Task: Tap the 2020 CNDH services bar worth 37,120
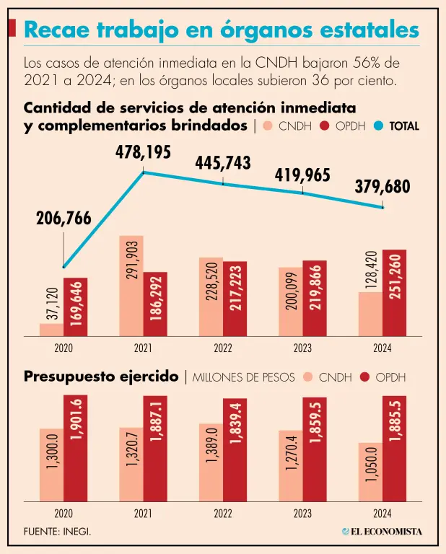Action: (x=51, y=330)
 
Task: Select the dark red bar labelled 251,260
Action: (x=394, y=293)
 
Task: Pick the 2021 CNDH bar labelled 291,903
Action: (x=131, y=286)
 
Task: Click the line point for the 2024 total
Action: (x=382, y=208)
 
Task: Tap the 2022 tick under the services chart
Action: (x=223, y=348)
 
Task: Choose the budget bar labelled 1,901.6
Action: (x=75, y=448)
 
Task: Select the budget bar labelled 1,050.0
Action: (x=370, y=472)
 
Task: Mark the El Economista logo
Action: (x=382, y=532)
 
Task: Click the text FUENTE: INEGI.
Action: (x=58, y=532)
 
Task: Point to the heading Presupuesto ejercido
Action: (x=101, y=377)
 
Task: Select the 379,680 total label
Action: (x=382, y=188)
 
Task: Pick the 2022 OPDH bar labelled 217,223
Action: (x=235, y=299)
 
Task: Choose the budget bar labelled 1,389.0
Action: (x=211, y=462)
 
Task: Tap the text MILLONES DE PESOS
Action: (x=245, y=377)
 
